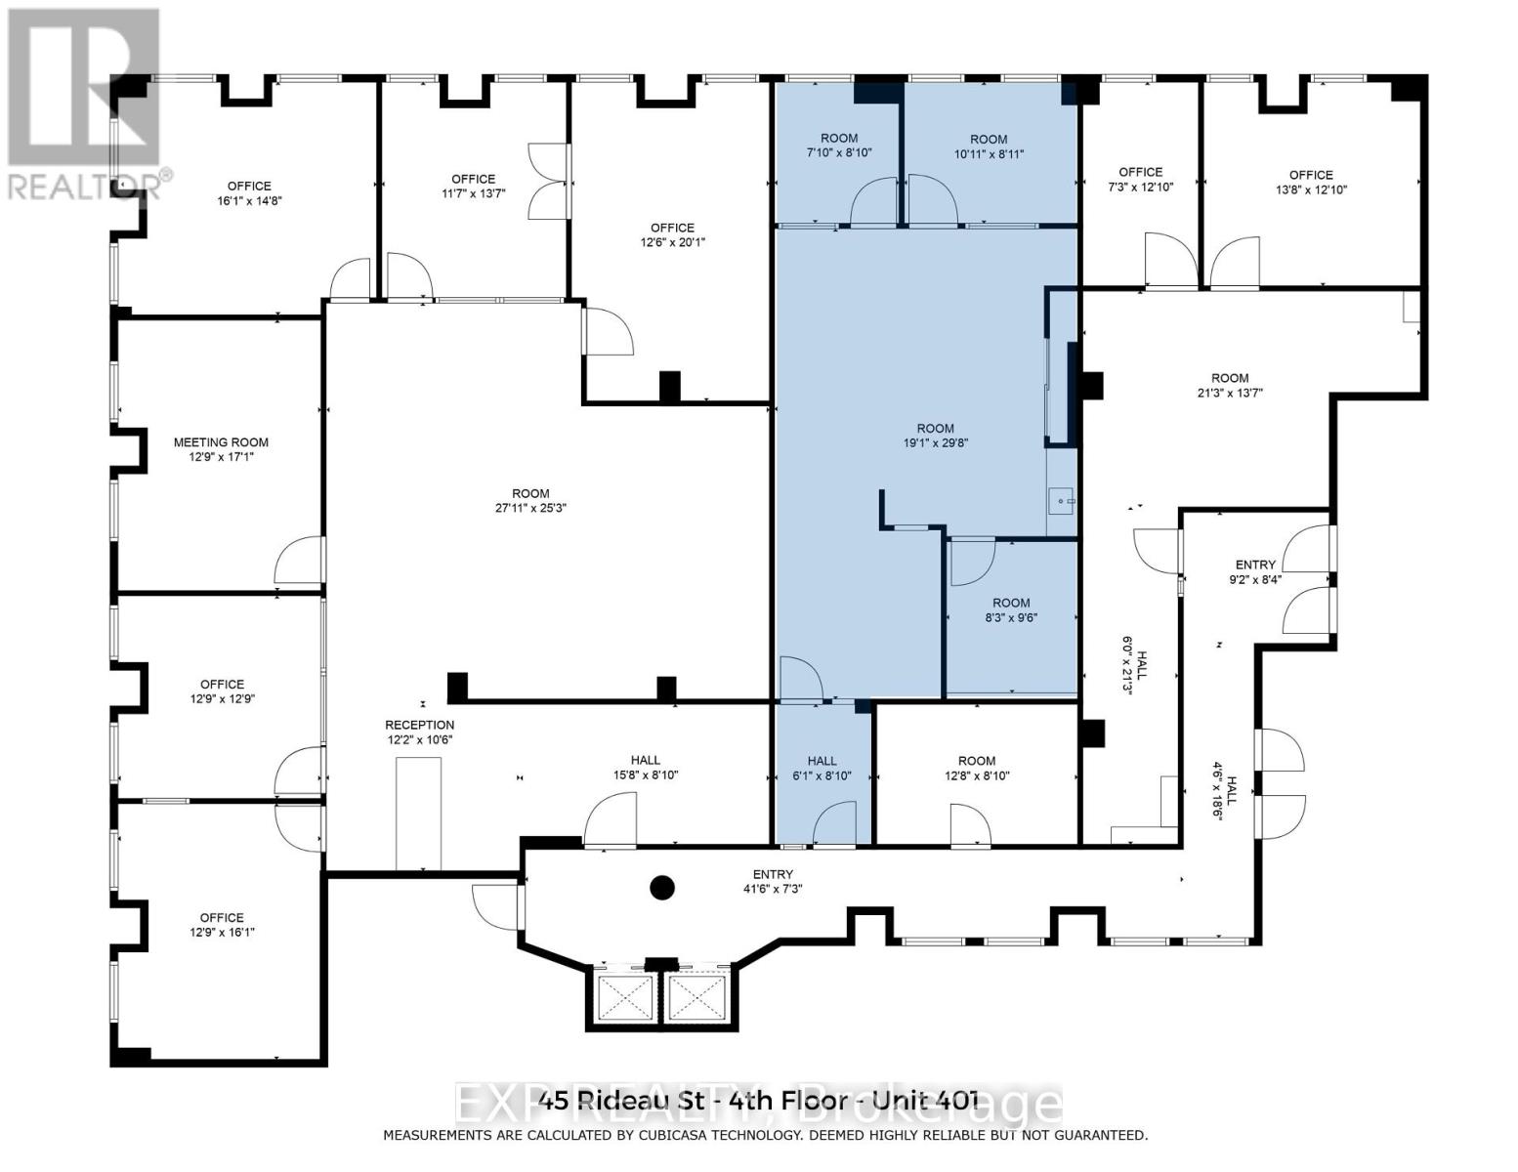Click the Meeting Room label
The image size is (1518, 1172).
(x=221, y=449)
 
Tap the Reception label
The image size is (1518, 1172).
(x=420, y=732)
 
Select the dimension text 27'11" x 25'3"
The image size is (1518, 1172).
(x=530, y=508)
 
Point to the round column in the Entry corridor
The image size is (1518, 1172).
(x=661, y=888)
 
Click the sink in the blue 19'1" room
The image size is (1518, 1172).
(x=1061, y=501)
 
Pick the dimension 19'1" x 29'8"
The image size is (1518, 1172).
(x=936, y=442)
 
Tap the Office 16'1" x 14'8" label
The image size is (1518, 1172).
(x=249, y=192)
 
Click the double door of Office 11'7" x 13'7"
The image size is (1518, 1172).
(x=550, y=182)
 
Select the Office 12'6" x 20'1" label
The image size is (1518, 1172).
(x=672, y=234)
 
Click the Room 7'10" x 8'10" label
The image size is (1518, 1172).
(x=839, y=146)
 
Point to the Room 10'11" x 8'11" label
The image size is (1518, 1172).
(x=989, y=146)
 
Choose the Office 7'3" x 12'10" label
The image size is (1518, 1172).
(x=1141, y=180)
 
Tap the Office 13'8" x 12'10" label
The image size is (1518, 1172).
(x=1311, y=182)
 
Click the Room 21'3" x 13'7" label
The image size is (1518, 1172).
(x=1230, y=385)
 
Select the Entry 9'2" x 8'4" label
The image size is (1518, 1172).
(x=1255, y=571)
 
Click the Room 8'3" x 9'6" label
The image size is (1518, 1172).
(x=1011, y=609)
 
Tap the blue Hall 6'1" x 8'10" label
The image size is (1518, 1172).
(x=822, y=768)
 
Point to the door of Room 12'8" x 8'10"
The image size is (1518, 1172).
(x=970, y=825)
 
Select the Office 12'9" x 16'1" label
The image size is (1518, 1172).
(x=222, y=925)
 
